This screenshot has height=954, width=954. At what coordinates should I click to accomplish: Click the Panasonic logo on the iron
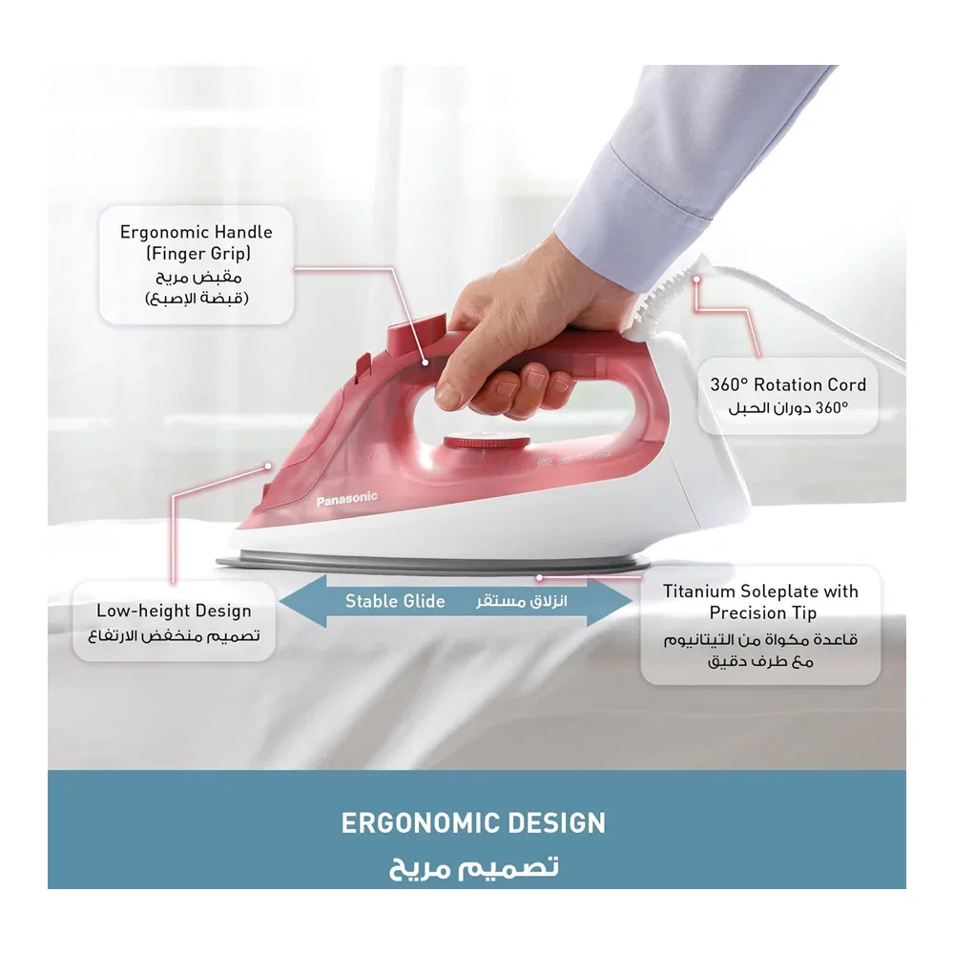point(347,499)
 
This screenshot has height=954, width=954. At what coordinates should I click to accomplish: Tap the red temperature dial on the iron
point(487,443)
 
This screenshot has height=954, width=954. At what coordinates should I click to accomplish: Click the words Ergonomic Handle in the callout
point(196,232)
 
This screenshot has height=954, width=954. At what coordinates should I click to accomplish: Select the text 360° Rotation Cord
point(788,384)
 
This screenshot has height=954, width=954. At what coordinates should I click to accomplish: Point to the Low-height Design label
point(174,611)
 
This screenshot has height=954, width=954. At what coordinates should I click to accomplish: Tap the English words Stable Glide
point(395,601)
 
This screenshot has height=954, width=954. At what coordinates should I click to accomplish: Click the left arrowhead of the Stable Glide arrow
point(302,601)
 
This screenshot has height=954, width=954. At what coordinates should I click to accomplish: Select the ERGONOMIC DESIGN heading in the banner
point(473,823)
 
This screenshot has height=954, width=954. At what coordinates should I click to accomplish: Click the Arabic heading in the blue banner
point(473,866)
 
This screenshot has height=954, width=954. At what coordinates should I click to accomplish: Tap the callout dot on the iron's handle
point(425,363)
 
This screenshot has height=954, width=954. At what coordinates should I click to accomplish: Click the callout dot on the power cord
point(696,280)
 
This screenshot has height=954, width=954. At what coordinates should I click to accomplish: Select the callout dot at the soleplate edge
point(539,577)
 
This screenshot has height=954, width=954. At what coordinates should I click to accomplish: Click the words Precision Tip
point(763,612)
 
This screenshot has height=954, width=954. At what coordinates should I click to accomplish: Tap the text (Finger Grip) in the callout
point(198,254)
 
